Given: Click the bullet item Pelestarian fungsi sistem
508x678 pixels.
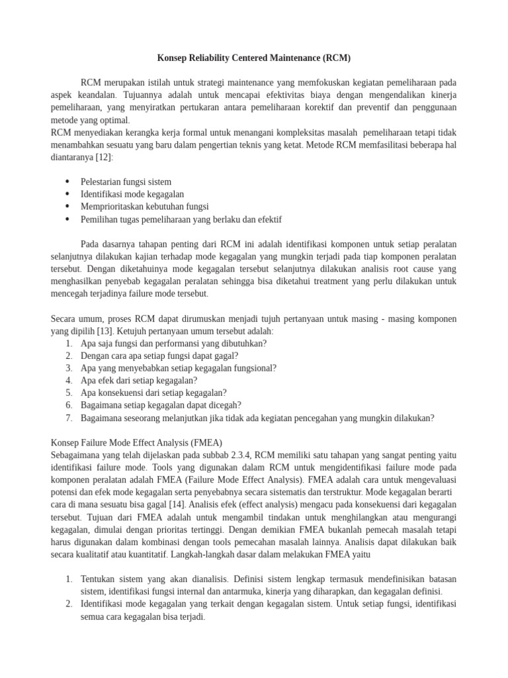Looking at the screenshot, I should tap(126, 182).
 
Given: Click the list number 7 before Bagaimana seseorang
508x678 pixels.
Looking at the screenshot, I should tap(69, 417).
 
